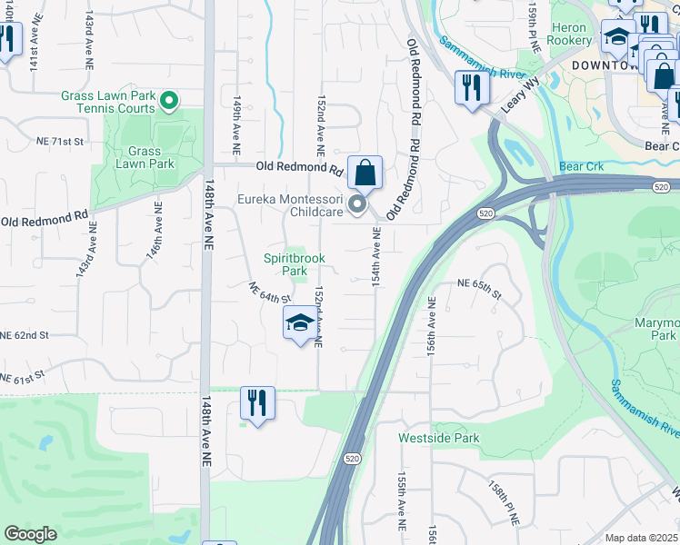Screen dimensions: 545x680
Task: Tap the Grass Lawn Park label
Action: point(145,158)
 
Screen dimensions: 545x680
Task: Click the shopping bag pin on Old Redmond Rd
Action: point(365,172)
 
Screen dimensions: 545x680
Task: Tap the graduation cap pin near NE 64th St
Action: point(301,324)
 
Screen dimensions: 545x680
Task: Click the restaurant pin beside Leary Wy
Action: point(472,87)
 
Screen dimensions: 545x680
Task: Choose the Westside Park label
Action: point(439,438)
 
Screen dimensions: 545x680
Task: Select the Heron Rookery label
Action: point(569,35)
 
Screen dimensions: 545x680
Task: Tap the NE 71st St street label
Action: point(60,142)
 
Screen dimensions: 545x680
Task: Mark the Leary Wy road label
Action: point(520,95)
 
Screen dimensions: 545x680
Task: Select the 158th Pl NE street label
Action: point(503,502)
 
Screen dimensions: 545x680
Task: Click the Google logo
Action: point(30,534)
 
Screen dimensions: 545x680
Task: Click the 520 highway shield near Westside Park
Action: point(348,460)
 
